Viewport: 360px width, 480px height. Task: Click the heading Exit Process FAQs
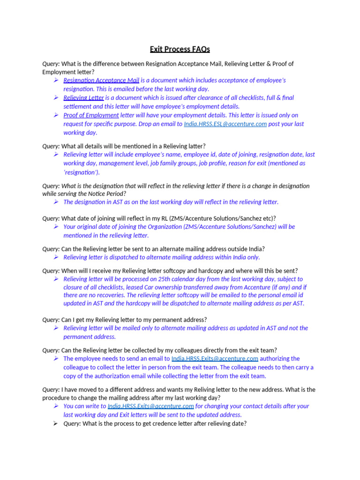tap(180, 49)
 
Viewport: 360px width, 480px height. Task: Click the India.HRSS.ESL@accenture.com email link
tap(225, 124)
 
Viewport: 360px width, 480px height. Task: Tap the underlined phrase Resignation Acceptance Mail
tap(101, 80)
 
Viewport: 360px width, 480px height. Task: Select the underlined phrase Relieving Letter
tap(83, 98)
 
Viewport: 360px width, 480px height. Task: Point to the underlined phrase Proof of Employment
tap(91, 115)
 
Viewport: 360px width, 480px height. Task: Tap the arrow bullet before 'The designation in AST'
tap(56, 202)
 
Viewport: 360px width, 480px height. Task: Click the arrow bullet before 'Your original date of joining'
tap(56, 226)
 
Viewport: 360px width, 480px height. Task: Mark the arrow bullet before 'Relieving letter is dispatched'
tap(56, 257)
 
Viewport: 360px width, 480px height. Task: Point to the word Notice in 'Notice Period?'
tap(93, 194)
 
